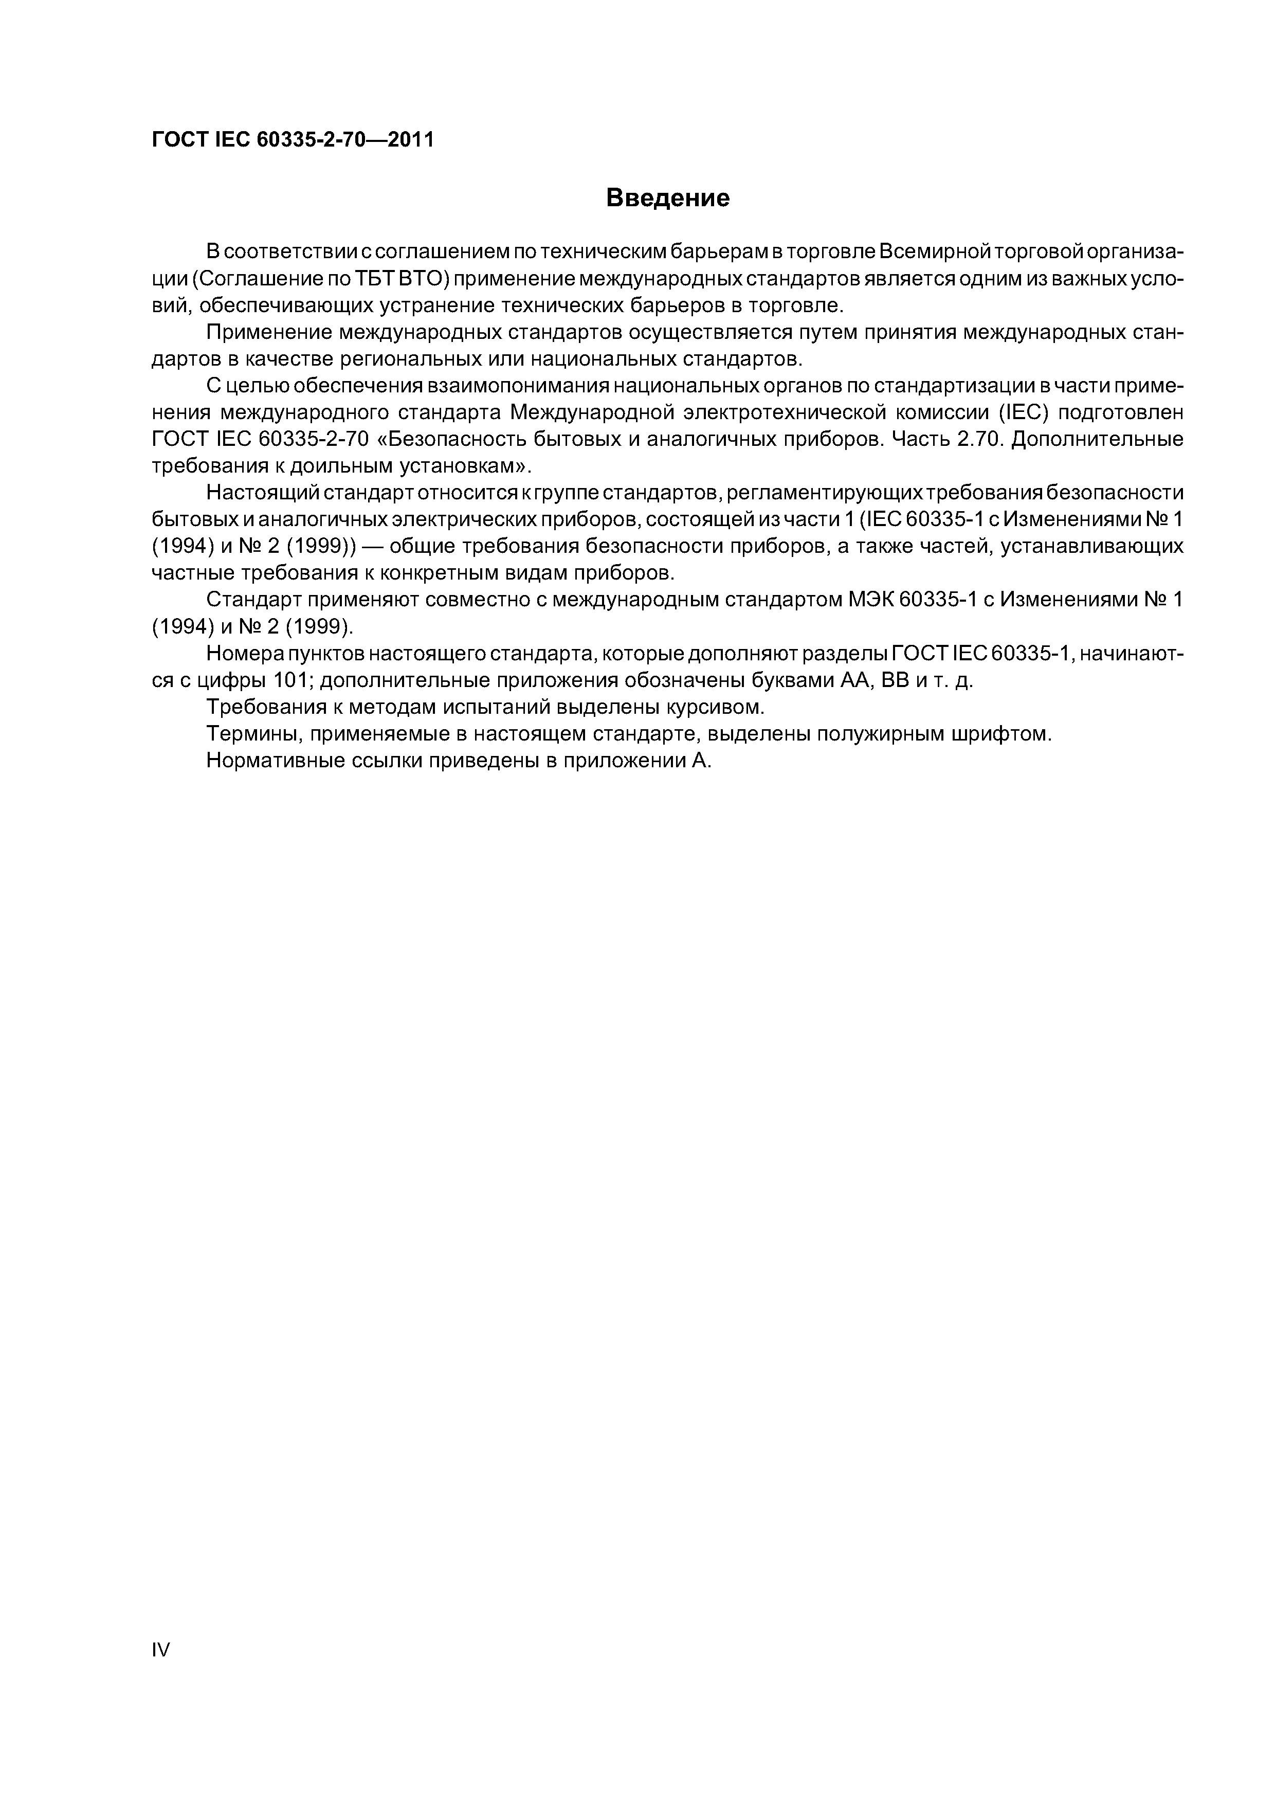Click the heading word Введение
point(668,198)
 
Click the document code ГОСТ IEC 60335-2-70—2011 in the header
point(292,140)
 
